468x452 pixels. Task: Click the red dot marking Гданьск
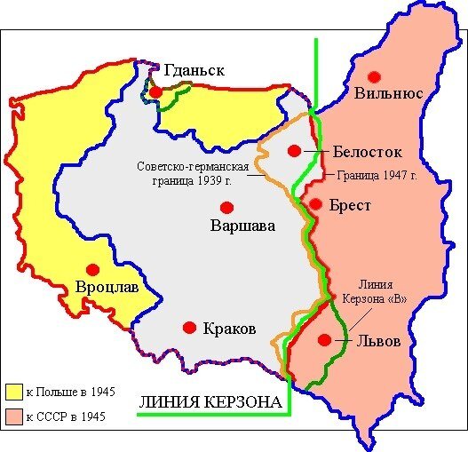tap(155, 91)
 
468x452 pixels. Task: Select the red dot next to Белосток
tap(294, 151)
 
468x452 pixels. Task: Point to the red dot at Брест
tap(314, 204)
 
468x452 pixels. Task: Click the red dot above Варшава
tap(226, 208)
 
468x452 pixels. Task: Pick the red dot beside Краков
tap(188, 328)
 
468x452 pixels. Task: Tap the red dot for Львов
tap(326, 339)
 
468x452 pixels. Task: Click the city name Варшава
tap(242, 226)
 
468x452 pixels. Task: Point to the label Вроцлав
tap(107, 288)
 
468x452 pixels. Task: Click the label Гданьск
tap(194, 70)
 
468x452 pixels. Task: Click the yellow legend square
tap(14, 392)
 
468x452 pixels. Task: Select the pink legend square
tap(14, 416)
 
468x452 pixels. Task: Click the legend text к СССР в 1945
tap(66, 416)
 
